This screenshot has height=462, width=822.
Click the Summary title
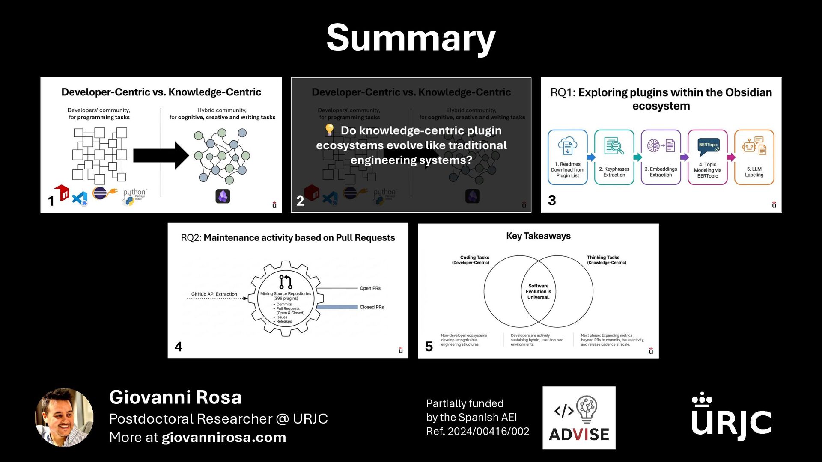point(411,38)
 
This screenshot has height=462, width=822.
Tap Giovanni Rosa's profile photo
point(64,417)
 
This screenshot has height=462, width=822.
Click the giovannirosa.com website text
point(224,438)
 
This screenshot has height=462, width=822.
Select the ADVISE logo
point(579,418)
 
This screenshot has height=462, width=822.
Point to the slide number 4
point(179,346)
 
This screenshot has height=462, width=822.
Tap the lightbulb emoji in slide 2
point(329,130)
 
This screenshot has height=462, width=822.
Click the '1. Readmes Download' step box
point(567,157)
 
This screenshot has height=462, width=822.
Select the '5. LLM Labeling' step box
point(754,157)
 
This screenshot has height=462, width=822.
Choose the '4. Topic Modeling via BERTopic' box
point(707,157)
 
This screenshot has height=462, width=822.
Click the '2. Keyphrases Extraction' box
point(614,157)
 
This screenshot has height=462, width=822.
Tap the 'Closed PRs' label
point(372,307)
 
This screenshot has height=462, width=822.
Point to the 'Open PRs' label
point(370,288)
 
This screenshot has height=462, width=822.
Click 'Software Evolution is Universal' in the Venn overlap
point(538,291)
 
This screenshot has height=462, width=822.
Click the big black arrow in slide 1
point(161,155)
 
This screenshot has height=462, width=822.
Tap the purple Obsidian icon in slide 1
point(223,196)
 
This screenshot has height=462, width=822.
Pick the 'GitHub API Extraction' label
point(214,294)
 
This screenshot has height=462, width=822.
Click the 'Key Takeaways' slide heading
point(538,236)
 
